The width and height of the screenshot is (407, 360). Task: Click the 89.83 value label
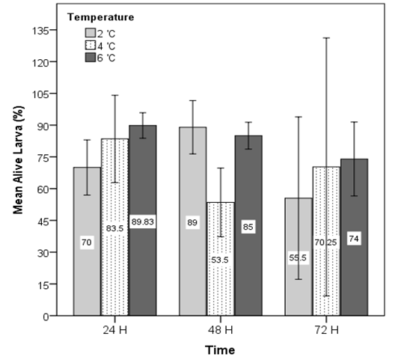pos(142,222)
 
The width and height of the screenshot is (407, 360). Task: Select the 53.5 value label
pos(220,260)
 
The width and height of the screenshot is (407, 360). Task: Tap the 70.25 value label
pos(325,242)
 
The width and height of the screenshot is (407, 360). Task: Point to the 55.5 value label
pos(298,257)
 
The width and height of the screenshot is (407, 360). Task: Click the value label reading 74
pos(354,239)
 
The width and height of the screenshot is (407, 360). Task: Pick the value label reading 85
pos(248,227)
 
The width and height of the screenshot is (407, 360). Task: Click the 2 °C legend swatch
pos(91,33)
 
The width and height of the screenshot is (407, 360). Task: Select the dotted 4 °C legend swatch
pos(91,45)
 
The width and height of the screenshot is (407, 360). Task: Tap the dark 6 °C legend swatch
pos(91,57)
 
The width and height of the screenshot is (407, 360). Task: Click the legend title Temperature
pos(101,17)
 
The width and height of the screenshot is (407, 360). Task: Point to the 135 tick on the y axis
pos(40,31)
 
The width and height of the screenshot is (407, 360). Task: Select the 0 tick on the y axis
pos(46,317)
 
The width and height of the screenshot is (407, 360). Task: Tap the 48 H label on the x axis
pos(221,330)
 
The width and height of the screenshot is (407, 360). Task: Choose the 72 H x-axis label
pos(326,330)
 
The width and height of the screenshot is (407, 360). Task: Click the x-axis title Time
pos(220,350)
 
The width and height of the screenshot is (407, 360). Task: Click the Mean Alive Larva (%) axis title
pos(18,160)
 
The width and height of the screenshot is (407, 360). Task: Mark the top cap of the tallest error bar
pos(326,38)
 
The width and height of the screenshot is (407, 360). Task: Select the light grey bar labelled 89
pos(192,222)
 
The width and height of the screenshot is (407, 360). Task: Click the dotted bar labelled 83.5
pos(114,228)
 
